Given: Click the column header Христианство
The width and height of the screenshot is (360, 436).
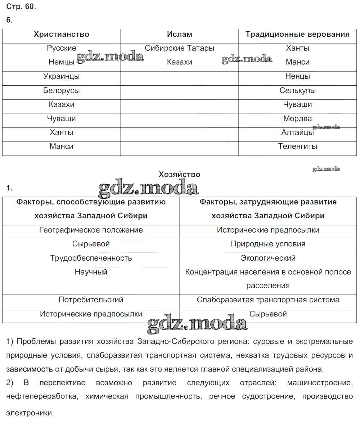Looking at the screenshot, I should click(x=62, y=35).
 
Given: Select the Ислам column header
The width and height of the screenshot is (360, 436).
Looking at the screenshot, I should click(x=180, y=35).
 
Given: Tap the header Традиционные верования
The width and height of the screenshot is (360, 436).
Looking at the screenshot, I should click(x=297, y=35).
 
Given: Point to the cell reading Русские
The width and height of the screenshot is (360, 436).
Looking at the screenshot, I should click(x=62, y=48).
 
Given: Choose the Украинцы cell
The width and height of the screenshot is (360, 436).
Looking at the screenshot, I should click(x=62, y=76).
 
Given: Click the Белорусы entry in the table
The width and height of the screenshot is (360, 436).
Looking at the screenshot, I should click(x=62, y=90).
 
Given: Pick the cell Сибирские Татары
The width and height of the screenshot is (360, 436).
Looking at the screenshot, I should click(x=180, y=48).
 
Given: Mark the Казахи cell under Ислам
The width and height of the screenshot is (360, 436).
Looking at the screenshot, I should click(x=180, y=62).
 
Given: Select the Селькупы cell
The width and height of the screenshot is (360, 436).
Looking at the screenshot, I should click(x=297, y=90).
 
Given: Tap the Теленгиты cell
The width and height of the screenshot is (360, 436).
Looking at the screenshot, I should click(x=297, y=147).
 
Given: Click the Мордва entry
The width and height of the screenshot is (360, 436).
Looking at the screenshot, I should click(x=297, y=118).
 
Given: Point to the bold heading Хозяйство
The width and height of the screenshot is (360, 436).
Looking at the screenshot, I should click(x=180, y=175).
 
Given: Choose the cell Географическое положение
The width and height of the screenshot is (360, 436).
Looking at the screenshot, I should click(x=91, y=230).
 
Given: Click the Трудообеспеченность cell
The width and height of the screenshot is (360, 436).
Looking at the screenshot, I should click(x=91, y=258).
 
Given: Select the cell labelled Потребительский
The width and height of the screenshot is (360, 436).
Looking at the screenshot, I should click(x=91, y=300).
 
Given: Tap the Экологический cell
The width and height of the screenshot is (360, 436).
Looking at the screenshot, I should click(x=268, y=258).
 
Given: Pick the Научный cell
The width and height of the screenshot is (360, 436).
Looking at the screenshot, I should click(x=91, y=272).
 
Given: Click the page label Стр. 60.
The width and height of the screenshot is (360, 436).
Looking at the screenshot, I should click(x=21, y=6).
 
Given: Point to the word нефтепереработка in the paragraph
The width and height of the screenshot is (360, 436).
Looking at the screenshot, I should click(x=42, y=396).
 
